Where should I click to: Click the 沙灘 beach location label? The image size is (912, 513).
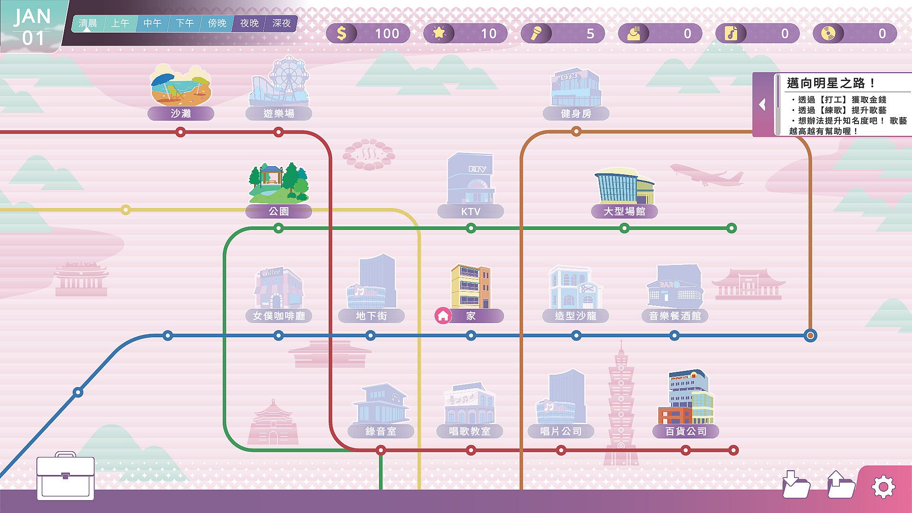(180, 114)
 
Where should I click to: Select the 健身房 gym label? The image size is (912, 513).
(576, 114)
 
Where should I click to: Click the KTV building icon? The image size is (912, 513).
(470, 179)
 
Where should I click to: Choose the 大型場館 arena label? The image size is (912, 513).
(624, 211)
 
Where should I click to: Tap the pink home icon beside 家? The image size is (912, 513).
(443, 316)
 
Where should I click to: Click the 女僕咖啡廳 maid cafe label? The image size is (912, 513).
(279, 316)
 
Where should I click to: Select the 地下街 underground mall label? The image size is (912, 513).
(371, 316)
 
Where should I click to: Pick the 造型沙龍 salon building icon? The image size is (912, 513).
(575, 287)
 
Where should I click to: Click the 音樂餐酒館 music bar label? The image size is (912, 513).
(675, 316)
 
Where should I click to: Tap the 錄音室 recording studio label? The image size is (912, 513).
(380, 431)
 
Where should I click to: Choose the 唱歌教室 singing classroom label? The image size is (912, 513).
(470, 431)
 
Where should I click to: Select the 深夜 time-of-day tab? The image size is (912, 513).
(281, 23)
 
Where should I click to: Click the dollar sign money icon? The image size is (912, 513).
(342, 33)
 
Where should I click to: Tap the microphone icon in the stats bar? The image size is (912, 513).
(536, 33)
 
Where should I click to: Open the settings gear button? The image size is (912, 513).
(883, 487)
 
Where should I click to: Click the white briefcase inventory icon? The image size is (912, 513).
(66, 476)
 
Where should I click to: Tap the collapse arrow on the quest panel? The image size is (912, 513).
(762, 104)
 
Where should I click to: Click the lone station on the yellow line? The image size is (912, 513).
(125, 210)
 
